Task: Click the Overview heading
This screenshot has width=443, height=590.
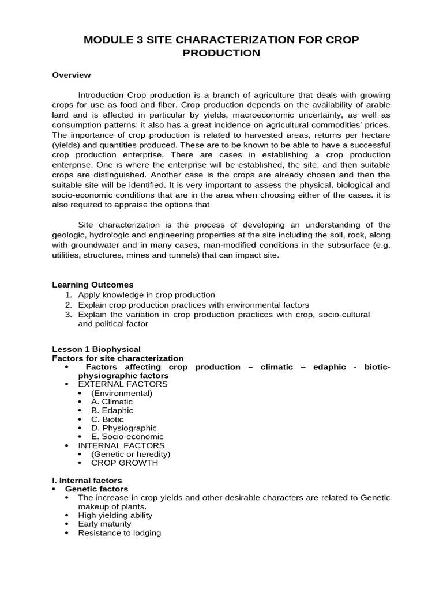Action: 72,75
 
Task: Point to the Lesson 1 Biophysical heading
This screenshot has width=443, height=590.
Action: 96,349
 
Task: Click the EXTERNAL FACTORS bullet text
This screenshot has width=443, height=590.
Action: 123,384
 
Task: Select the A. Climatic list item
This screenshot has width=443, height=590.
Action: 111,402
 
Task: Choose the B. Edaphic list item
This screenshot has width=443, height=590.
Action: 112,410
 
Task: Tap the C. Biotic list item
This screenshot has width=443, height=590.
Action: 107,419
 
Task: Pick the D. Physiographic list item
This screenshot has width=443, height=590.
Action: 123,428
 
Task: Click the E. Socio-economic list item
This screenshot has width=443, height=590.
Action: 127,437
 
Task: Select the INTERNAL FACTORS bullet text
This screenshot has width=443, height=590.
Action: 121,445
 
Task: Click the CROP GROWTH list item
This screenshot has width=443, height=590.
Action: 124,463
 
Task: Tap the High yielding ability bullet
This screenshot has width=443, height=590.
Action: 115,515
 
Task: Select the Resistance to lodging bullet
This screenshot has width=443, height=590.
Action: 119,533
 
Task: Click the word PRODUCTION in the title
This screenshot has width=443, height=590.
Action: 221,53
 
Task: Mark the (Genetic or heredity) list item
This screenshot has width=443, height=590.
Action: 130,454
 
